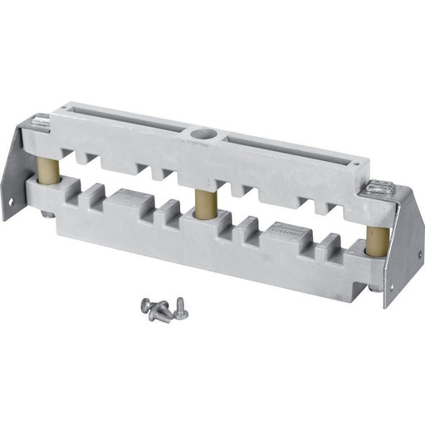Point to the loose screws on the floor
point(162,309)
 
